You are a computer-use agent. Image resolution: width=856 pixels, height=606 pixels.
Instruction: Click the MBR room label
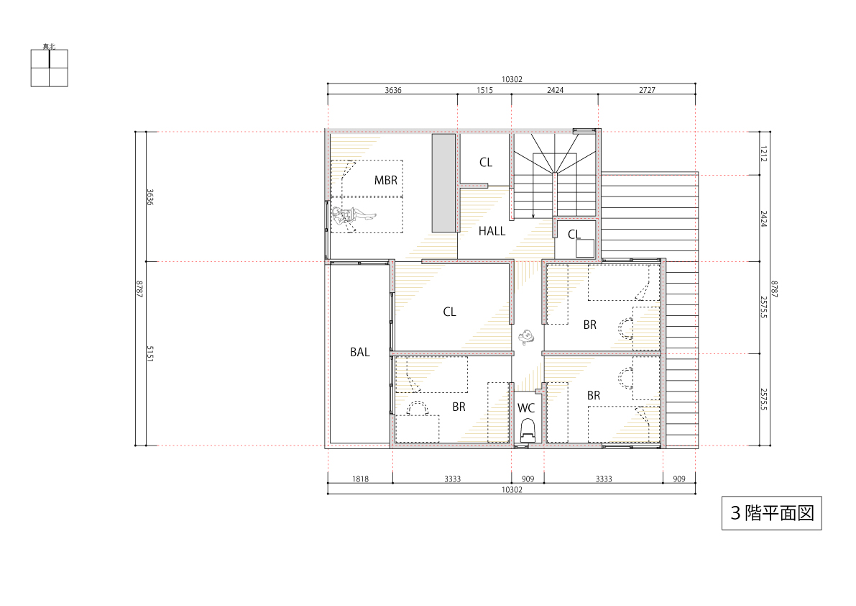pos(385,181)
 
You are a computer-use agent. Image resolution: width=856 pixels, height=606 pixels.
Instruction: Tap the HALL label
pos(492,231)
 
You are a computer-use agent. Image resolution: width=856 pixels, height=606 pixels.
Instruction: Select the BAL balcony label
pos(360,353)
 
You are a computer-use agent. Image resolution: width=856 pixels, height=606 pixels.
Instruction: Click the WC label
pos(525,408)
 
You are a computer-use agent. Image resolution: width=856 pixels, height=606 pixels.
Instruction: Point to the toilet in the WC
pos(528,430)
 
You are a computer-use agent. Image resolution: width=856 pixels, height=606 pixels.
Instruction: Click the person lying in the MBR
pos(353,216)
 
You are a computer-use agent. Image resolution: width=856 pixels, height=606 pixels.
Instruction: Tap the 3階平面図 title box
pos(771,513)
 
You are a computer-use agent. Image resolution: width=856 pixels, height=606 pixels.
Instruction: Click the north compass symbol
pos(49,68)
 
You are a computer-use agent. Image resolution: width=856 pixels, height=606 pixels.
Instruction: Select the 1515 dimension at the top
pos(484,90)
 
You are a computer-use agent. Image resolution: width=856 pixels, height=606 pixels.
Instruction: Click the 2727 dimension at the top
pos(647,90)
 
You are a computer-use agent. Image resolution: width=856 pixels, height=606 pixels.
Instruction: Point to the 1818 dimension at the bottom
pos(360,479)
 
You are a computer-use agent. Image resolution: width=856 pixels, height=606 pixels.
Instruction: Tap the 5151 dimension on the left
pos(150,353)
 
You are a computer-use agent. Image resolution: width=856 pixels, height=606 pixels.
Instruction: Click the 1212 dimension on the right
pos(764,153)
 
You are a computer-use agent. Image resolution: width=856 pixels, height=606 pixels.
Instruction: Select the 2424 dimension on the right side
pos(764,219)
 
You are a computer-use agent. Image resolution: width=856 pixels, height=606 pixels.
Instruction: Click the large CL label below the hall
pos(449,312)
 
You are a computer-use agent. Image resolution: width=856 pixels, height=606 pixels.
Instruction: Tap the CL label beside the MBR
pos(486,162)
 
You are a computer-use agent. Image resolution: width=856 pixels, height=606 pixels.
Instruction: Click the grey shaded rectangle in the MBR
pos(444,183)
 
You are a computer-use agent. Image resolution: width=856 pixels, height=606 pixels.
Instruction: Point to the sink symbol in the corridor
pos(525,337)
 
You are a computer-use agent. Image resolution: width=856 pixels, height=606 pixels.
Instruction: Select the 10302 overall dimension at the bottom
pos(512,489)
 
